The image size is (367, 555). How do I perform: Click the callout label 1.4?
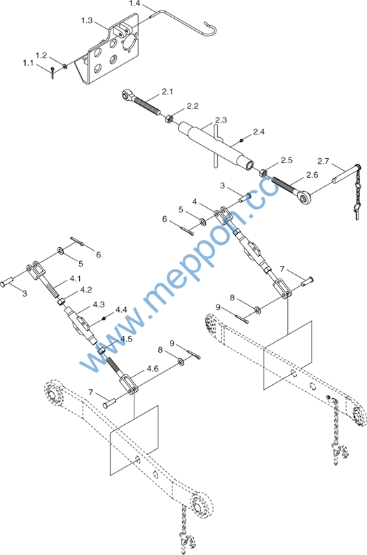coord(134,4)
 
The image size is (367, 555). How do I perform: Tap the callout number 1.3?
coord(87,20)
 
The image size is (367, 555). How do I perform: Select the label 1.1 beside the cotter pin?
coord(28,63)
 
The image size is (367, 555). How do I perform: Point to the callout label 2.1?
coord(167,92)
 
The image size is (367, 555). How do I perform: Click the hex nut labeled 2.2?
coord(169,118)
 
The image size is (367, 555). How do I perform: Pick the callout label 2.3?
coord(221,120)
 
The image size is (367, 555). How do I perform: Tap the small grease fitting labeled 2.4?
coord(241,141)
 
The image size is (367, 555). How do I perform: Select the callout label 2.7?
coord(323,161)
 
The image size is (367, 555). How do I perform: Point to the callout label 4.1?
coord(75,279)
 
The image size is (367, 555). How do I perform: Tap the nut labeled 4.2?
coord(62,302)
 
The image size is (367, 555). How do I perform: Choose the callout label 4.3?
coord(99,304)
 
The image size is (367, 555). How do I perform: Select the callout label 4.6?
coord(153,369)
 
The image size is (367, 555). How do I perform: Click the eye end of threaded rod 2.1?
coord(127,95)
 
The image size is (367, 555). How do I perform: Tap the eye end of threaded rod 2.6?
coord(303,198)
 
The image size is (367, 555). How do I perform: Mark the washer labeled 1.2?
coord(65,66)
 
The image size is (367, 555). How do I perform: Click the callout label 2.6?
coord(312,175)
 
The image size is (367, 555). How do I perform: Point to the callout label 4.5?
coord(126,339)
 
